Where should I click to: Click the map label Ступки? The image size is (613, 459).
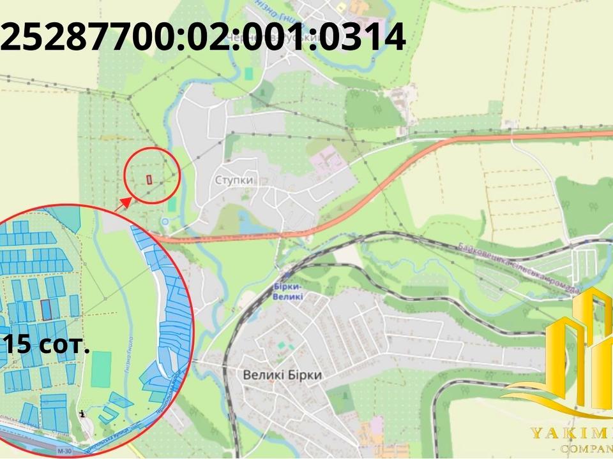(234, 180)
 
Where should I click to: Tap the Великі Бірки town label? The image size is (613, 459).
(282, 375)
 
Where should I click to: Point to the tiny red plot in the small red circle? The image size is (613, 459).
(149, 179)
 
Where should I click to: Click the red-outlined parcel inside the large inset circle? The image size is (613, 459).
(46, 310)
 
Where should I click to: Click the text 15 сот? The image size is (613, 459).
(46, 345)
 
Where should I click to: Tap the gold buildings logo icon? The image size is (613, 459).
(578, 344)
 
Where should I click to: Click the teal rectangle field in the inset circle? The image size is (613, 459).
(101, 369)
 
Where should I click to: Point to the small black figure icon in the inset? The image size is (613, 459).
(82, 414)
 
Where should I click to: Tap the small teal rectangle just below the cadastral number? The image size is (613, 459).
(248, 73)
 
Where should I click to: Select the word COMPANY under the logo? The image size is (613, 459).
(585, 451)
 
